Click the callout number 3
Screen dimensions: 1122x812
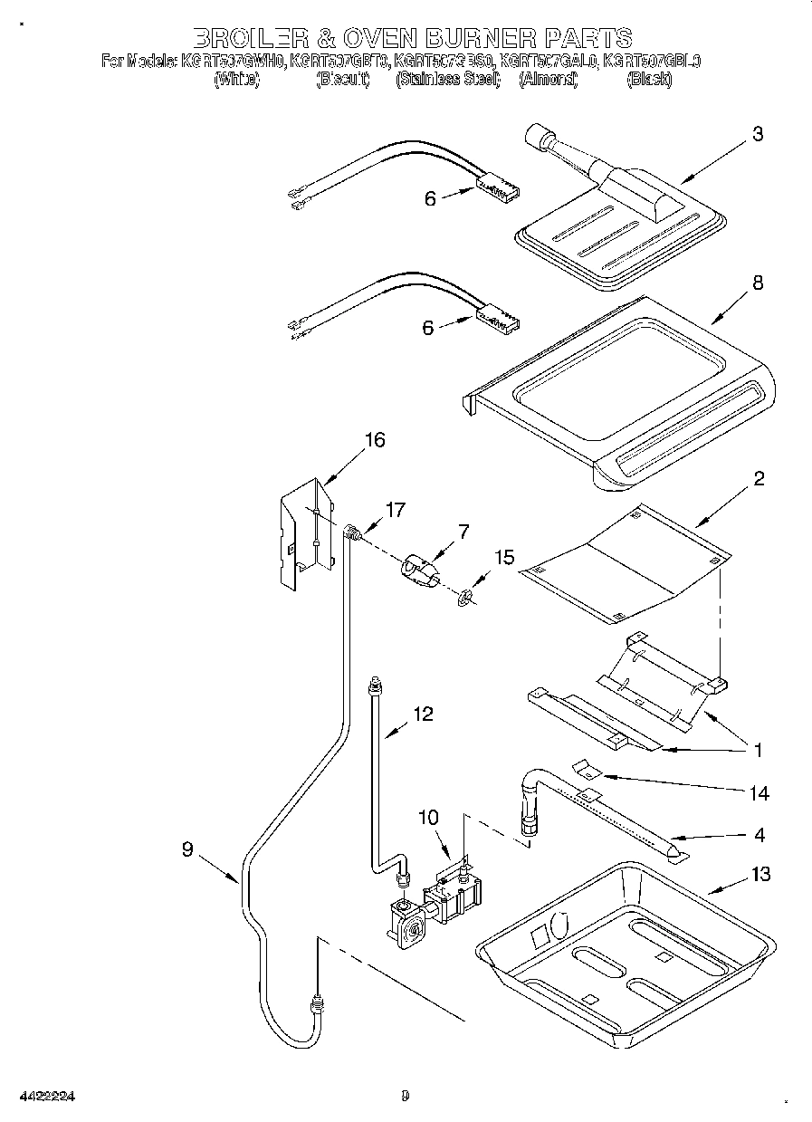point(757,134)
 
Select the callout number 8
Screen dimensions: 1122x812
point(757,283)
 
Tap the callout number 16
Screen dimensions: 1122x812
point(374,440)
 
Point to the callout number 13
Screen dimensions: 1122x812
point(760,874)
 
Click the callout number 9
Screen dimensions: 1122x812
point(187,849)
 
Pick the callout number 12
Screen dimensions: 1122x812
point(423,714)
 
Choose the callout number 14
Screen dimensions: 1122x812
point(759,793)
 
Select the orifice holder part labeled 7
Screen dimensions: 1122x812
point(419,573)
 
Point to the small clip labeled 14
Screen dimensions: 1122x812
point(590,769)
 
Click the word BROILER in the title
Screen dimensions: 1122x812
point(247,38)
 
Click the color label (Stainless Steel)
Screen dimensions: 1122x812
point(448,80)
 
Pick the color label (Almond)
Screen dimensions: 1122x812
point(548,80)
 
